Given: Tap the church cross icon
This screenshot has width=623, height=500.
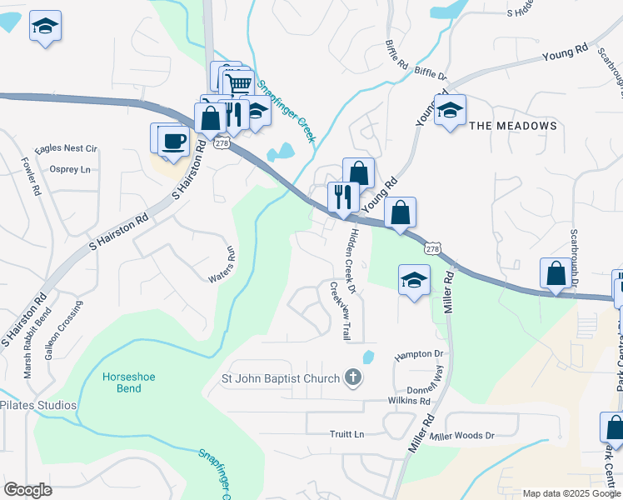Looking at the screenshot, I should pos(353,378).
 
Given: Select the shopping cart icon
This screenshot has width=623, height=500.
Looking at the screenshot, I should pos(239,83).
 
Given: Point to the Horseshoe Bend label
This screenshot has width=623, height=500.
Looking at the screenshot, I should pos(129,382).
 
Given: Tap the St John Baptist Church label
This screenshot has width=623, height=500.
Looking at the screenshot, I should pos(280,379).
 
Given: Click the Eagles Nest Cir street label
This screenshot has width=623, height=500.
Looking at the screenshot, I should pos(68,148).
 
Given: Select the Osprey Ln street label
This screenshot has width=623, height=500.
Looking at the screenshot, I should pos(70,170).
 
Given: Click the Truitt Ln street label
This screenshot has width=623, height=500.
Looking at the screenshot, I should pos(347,434).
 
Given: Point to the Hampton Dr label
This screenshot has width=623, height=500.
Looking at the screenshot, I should pos(419,354).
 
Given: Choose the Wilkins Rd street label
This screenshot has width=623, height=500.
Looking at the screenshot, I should pos(408,401).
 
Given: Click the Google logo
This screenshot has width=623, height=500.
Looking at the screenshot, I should pos(27,490).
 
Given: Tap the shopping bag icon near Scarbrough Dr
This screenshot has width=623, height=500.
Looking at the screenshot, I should pos(556,273).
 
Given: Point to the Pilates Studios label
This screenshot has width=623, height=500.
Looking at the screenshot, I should pos(38,406).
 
